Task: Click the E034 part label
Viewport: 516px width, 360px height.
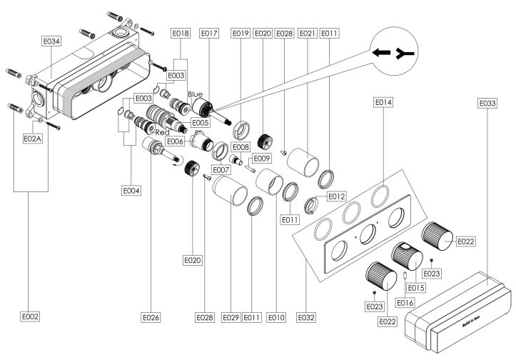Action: tap(51, 41)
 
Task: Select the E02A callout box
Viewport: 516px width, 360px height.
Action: tap(34, 138)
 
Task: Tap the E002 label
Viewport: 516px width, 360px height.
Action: tap(30, 315)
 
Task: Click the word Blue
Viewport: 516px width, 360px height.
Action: tap(195, 94)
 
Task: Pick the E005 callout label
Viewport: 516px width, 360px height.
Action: tap(201, 123)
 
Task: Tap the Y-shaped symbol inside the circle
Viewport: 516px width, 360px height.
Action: tap(408, 53)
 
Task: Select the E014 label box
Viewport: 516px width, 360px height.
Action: tap(383, 102)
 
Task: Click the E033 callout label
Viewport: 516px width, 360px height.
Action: tap(487, 102)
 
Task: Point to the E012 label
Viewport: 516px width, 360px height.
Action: tap(336, 196)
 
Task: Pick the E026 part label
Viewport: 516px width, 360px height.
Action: tap(151, 315)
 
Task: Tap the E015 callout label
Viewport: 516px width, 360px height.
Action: tap(416, 287)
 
